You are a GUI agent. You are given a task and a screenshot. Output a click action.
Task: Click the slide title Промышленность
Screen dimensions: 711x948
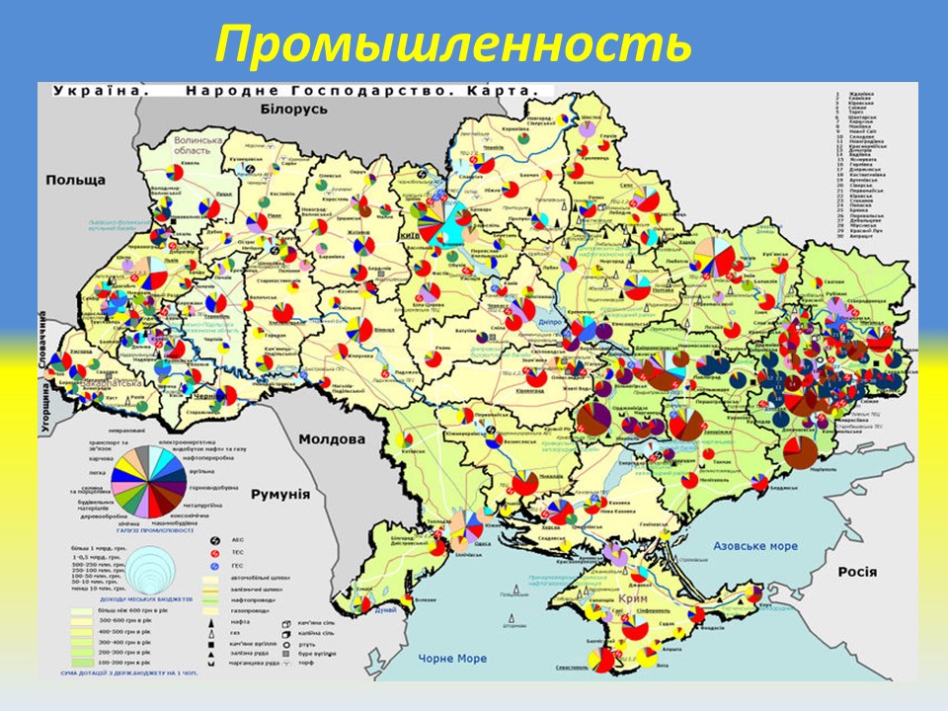pos(453,42)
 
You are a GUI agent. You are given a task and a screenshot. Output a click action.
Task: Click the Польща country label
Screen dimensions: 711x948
pos(75,181)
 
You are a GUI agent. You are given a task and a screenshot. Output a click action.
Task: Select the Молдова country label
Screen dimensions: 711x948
pos(332,439)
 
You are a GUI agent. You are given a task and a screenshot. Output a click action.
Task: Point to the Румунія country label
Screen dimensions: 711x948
pos(280,495)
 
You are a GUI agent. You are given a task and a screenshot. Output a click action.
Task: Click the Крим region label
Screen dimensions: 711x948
pos(633,599)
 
